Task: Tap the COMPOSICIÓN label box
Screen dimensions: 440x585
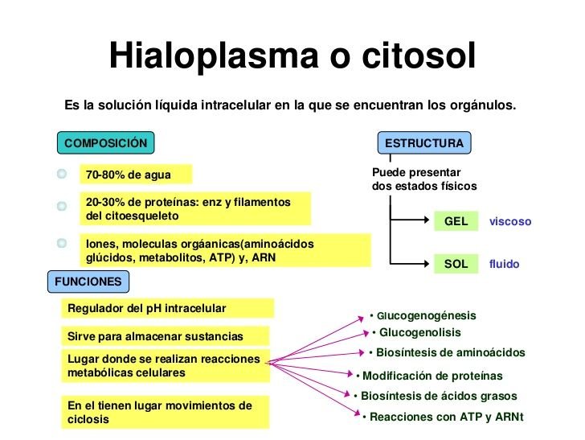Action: pos(105,143)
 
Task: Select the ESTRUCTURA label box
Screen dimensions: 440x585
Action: pos(424,143)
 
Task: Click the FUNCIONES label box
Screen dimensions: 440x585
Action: pos(88,282)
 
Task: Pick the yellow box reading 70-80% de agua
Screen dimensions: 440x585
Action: pos(134,175)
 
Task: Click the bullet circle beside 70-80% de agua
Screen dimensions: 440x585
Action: pos(61,174)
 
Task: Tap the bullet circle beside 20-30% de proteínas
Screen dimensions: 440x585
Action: pos(61,206)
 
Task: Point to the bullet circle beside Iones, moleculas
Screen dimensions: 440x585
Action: pos(61,242)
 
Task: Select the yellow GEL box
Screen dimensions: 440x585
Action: pos(456,221)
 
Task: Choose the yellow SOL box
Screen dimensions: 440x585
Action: pos(456,264)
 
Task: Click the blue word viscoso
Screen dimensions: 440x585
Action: pos(510,221)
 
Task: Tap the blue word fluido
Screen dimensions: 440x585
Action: pos(504,264)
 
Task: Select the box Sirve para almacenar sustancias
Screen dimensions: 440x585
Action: pos(166,336)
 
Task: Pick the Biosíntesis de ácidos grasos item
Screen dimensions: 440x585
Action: pos(438,396)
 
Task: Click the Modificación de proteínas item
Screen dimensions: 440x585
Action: pos(432,376)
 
